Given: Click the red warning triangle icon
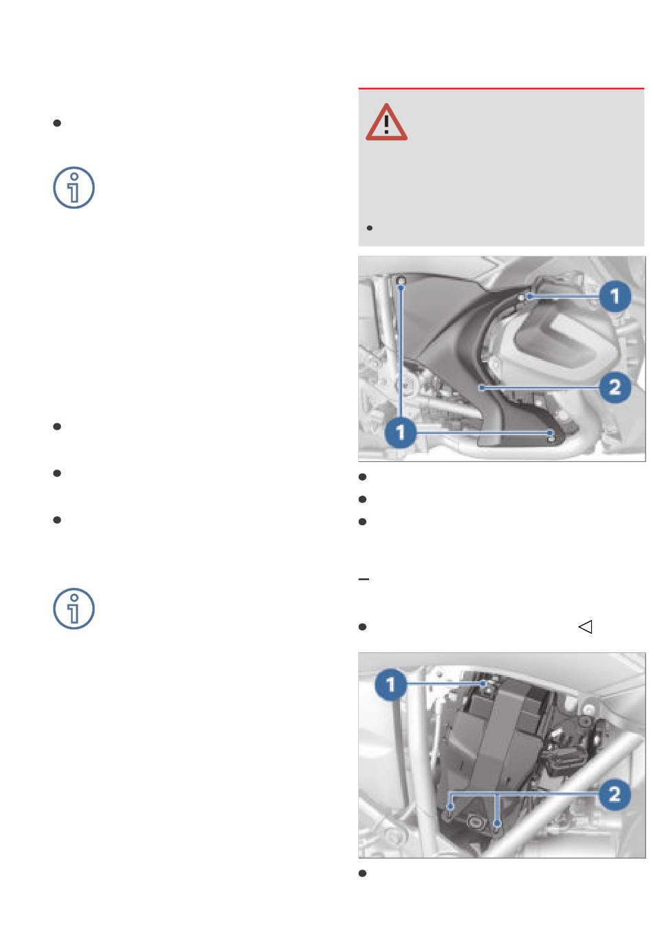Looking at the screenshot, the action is click(386, 123).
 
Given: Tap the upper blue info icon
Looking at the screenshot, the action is click(74, 188).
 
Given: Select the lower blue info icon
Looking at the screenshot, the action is click(74, 608).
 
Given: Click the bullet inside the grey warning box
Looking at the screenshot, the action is click(370, 228).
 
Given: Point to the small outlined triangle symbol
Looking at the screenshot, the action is click(585, 627).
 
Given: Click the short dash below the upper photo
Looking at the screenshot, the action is click(364, 579).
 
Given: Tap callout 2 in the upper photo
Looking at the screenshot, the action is click(615, 387).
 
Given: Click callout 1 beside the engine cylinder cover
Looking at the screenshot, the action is click(615, 296).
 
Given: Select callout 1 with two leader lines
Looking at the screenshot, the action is click(400, 432).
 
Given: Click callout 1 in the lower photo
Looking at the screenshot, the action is click(390, 684).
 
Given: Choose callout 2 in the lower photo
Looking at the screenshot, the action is click(615, 794).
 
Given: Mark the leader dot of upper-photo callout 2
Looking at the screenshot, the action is click(482, 387).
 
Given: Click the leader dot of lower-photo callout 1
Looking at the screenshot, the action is click(483, 684).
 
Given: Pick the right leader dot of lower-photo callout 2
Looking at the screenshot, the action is click(498, 824).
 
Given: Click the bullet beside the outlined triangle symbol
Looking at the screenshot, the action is click(362, 627).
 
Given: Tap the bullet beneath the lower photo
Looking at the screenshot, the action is click(362, 873).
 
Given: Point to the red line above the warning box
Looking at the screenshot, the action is click(501, 89).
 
